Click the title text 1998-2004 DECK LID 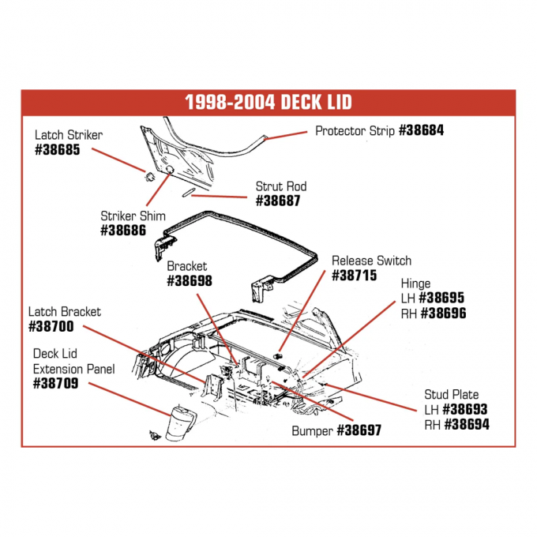pos(268,103)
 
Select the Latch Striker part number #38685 pos(58,149)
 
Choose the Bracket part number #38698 pos(190,280)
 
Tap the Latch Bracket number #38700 pos(51,325)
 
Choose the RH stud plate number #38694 pos(466,423)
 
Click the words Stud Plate pos(451,395)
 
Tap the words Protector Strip pos(355,130)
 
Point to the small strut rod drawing pos(186,193)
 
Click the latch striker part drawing pos(146,174)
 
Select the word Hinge pos(416,284)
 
